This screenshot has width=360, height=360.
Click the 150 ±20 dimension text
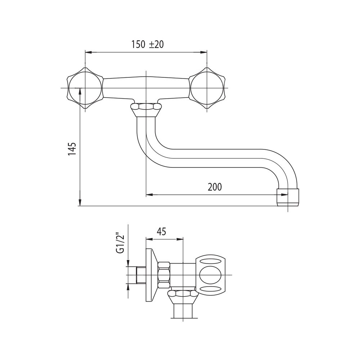tap(147, 44)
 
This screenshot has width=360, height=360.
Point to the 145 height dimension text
tap(72, 149)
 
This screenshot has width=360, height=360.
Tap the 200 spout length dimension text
tap(215, 187)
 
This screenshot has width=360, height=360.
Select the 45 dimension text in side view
tap(161, 232)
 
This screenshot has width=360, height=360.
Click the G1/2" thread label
tap(120, 244)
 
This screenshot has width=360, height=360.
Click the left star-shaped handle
tap(85, 88)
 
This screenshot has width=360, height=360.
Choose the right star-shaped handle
tap(207, 88)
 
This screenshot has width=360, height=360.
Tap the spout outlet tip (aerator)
tap(288, 197)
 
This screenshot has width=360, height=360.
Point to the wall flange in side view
tap(152, 275)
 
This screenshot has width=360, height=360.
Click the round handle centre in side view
tap(210, 275)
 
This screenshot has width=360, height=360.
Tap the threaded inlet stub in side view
tap(141, 275)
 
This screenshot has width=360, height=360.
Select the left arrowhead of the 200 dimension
tap(150, 195)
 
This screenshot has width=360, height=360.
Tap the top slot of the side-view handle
tap(210, 261)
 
